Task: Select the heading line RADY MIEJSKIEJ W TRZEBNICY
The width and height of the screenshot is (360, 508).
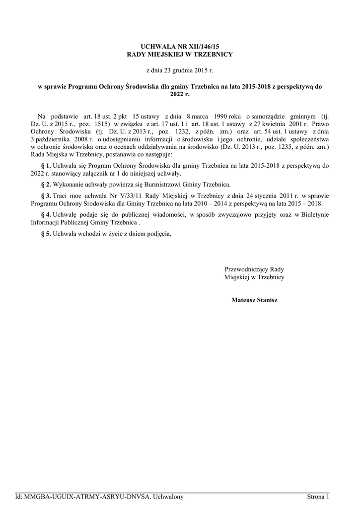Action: click(x=180, y=54)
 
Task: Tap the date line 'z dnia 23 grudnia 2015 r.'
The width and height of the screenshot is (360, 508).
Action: click(x=180, y=70)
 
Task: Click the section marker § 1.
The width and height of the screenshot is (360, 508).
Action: click(x=45, y=165)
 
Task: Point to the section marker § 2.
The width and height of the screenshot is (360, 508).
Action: click(x=45, y=184)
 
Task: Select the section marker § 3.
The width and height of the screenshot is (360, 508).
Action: click(x=45, y=195)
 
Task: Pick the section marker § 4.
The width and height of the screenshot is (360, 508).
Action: click(x=45, y=214)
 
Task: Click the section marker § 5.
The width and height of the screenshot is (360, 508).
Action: click(x=45, y=233)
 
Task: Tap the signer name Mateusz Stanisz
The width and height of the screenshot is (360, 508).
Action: click(x=254, y=300)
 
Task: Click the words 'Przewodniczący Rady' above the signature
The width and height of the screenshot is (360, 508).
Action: click(x=254, y=269)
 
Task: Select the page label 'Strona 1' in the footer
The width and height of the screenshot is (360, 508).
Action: click(x=318, y=497)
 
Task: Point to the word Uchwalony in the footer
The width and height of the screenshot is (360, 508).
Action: click(x=168, y=497)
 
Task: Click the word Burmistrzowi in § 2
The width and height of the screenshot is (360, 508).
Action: click(x=148, y=184)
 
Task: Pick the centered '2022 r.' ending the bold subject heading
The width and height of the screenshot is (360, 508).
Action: click(x=180, y=94)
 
